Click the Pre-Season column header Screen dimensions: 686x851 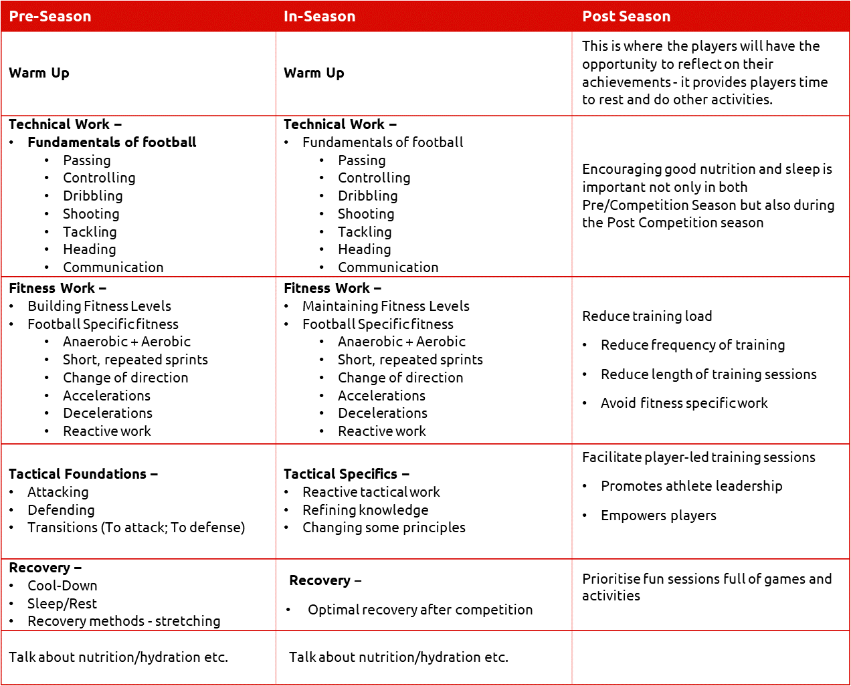(50, 17)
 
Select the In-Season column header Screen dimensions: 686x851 (319, 17)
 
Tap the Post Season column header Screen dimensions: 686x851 (626, 17)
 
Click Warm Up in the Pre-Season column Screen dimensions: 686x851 (39, 73)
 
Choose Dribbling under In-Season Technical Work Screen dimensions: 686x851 (367, 196)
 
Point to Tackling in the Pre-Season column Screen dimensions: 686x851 (90, 232)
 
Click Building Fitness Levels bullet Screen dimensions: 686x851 (99, 306)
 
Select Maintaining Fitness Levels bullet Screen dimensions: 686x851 (385, 306)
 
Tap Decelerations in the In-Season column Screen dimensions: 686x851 (382, 413)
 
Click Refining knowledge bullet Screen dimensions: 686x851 (365, 510)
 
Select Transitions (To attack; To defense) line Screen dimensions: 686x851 (136, 528)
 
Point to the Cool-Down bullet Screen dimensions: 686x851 (62, 586)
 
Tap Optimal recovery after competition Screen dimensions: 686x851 (420, 610)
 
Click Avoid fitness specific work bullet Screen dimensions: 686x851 (684, 403)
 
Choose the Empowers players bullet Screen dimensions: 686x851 (658, 516)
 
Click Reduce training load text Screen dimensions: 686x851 (647, 316)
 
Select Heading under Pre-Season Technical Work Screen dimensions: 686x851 (89, 249)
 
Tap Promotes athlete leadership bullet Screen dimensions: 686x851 (691, 486)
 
